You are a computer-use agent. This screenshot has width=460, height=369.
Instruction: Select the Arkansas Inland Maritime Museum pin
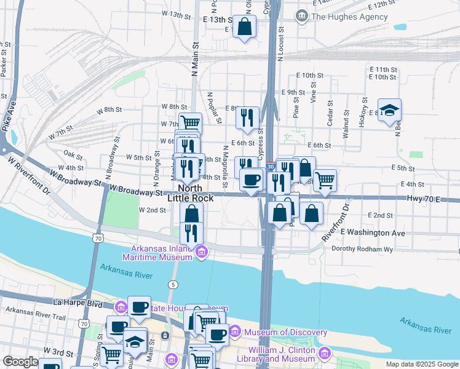[x=200, y=252]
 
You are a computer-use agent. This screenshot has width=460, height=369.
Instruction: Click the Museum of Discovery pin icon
[x=234, y=333]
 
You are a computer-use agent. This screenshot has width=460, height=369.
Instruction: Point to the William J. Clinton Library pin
[x=324, y=354]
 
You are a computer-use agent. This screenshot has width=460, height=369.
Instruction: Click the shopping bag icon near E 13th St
[x=244, y=27]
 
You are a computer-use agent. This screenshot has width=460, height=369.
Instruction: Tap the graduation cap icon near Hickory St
[x=389, y=110]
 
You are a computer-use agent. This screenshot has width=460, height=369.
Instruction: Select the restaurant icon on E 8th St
[x=247, y=118]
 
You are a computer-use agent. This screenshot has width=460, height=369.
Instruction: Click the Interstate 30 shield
[x=271, y=167]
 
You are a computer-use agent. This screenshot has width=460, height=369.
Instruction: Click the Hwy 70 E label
[x=424, y=199]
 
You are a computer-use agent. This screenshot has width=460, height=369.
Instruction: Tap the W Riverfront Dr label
[x=31, y=173]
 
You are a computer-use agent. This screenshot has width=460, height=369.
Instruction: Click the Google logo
[x=20, y=362]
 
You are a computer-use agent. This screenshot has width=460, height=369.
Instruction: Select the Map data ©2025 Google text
[x=421, y=364]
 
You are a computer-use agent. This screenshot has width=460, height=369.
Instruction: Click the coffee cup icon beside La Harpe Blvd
[x=139, y=307]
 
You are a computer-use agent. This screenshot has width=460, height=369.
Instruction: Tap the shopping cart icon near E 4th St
[x=324, y=180]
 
